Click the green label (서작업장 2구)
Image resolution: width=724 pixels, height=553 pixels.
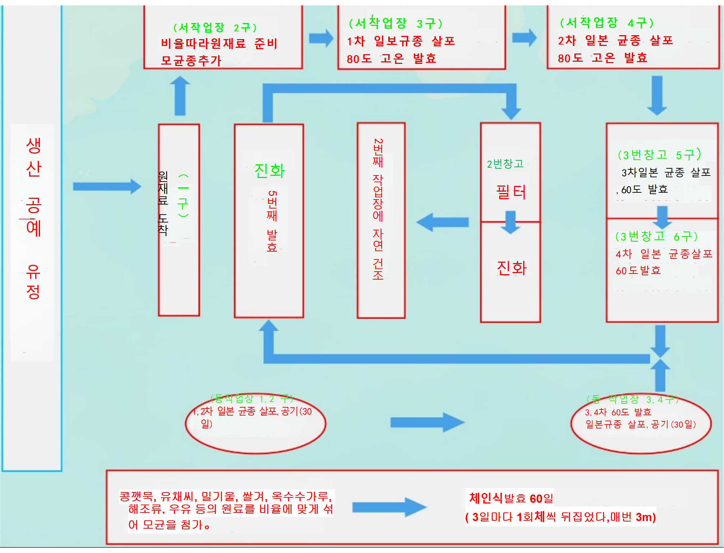point(215,27)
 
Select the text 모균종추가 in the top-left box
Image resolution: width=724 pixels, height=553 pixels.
point(191,60)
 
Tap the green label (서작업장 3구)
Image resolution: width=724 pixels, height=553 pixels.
point(395,24)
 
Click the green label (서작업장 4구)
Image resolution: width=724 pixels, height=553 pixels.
point(607,23)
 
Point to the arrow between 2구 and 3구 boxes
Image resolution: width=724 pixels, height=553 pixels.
point(321,38)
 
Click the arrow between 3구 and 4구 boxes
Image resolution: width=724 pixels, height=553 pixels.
point(524,38)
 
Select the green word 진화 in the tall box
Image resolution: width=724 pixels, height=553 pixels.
point(269,171)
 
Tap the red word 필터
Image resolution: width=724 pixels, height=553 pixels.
point(511,192)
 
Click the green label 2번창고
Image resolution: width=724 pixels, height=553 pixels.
point(505,164)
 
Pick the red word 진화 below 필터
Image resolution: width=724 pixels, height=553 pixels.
point(511,268)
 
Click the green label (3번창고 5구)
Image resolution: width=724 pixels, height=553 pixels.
point(659,155)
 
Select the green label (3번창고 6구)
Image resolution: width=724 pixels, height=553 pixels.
point(656,236)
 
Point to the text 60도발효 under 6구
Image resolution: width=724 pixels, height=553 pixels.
point(638,271)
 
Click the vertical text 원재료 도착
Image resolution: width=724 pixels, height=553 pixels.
point(163,203)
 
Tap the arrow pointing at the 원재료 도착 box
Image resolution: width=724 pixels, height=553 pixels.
point(107,187)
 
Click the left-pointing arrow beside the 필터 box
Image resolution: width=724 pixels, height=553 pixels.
point(442,222)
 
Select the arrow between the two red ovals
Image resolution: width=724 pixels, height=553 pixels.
point(427,422)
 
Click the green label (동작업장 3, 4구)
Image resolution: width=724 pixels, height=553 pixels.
point(632,399)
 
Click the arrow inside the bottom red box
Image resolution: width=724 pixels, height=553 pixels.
point(389,507)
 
